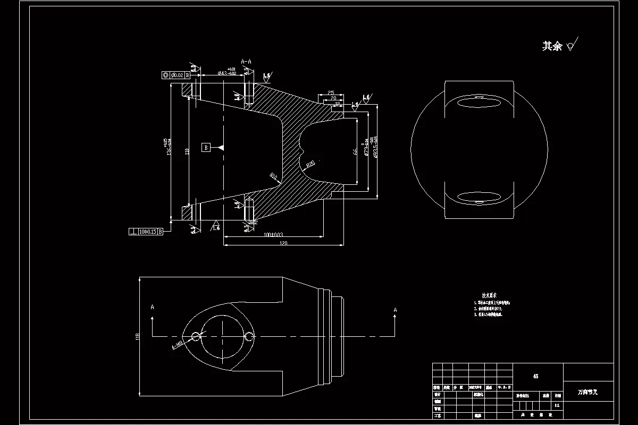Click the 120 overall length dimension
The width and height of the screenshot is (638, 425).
pyautogui.click(x=283, y=243)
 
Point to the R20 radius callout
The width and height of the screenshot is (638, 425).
pyautogui.click(x=310, y=163)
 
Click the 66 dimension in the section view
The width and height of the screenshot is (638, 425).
pyautogui.click(x=355, y=151)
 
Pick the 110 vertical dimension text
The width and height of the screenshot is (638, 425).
pyautogui.click(x=187, y=151)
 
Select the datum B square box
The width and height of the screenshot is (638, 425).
pyautogui.click(x=206, y=147)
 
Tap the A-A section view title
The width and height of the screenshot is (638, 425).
pyautogui.click(x=246, y=62)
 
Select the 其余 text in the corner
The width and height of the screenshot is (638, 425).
pyautogui.click(x=552, y=47)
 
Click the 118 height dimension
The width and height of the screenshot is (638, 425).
pyautogui.click(x=137, y=336)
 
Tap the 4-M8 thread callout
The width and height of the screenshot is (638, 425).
pyautogui.click(x=177, y=346)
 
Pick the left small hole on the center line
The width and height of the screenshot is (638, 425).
pyautogui.click(x=196, y=336)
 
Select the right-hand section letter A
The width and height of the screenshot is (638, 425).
pyautogui.click(x=395, y=309)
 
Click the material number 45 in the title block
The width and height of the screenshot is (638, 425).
pyautogui.click(x=535, y=376)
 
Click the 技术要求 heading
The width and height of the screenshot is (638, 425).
pyautogui.click(x=489, y=295)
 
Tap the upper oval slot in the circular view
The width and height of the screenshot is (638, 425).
pyautogui.click(x=480, y=103)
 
